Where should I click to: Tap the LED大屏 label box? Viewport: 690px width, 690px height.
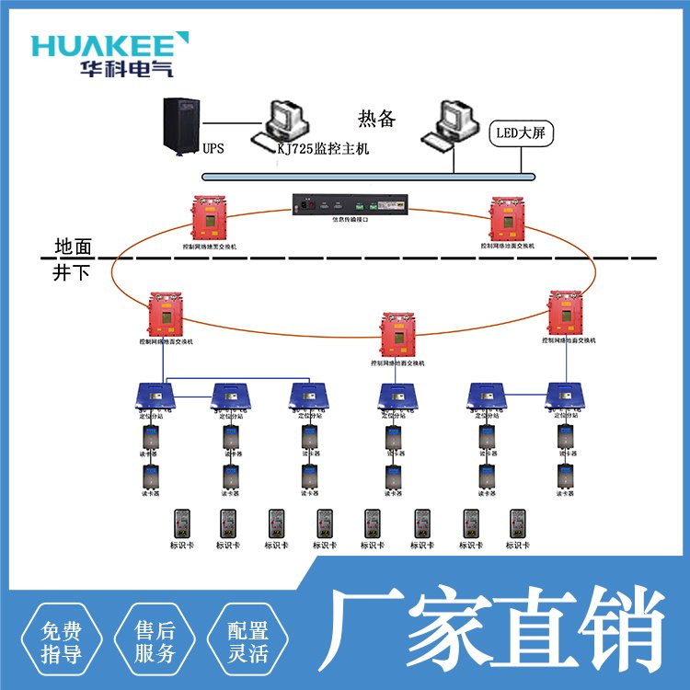point(521,133)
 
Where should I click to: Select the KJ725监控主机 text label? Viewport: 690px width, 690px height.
point(323,148)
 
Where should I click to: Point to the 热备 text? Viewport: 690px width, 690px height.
point(376,119)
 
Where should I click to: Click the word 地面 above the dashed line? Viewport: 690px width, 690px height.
point(74,247)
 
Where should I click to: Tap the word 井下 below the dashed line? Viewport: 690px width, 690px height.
point(72,273)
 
